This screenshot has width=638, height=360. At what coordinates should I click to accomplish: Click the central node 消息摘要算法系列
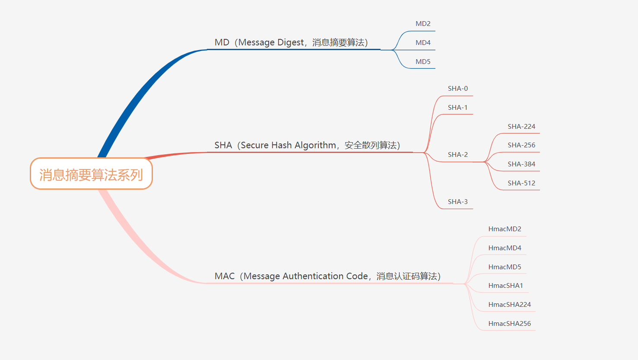(91, 174)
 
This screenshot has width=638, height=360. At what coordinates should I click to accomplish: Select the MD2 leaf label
(423, 24)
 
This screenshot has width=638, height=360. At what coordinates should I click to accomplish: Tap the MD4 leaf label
(423, 43)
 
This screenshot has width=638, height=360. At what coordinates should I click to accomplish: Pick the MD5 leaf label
(423, 61)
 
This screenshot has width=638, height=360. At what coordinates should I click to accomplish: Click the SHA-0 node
(458, 89)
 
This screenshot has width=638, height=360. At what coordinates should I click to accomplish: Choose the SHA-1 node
(458, 108)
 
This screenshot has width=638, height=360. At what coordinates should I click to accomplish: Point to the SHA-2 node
(458, 154)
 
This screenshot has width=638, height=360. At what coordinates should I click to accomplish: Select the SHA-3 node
(458, 202)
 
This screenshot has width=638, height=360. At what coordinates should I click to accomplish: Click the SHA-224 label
(521, 127)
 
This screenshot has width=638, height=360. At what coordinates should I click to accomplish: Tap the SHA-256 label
(521, 145)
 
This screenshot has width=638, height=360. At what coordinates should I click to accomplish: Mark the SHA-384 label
(521, 164)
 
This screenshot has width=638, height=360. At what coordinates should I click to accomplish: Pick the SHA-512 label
(521, 183)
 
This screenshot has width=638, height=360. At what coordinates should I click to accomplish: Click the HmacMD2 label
(505, 229)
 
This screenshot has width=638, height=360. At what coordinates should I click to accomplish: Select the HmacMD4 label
(505, 248)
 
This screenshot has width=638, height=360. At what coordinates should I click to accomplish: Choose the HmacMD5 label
(505, 267)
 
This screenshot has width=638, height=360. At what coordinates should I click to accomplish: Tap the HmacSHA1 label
(505, 286)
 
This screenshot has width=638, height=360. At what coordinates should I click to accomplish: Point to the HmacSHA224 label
(510, 305)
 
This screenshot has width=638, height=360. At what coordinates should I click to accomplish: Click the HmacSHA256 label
(510, 324)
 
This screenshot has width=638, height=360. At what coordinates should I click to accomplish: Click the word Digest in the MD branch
(291, 43)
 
